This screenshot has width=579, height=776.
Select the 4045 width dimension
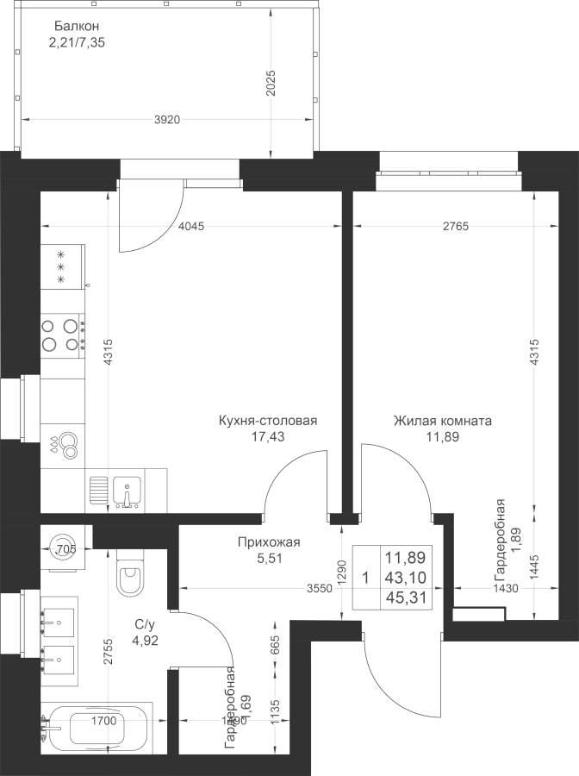click(190, 227)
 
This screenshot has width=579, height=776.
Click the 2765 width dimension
click(456, 227)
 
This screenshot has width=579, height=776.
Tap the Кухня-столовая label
click(268, 422)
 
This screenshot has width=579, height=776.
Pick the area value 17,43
click(267, 437)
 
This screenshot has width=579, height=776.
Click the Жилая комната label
click(442, 422)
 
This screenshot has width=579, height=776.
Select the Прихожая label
click(268, 542)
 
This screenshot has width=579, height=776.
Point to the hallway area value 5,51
click(268, 558)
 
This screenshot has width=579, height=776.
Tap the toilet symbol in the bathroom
click(133, 573)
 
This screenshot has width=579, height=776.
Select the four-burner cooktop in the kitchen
click(63, 335)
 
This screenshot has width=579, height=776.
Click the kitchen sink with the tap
click(126, 491)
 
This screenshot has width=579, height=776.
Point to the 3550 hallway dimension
click(319, 589)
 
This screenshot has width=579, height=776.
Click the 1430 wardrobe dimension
click(505, 589)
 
